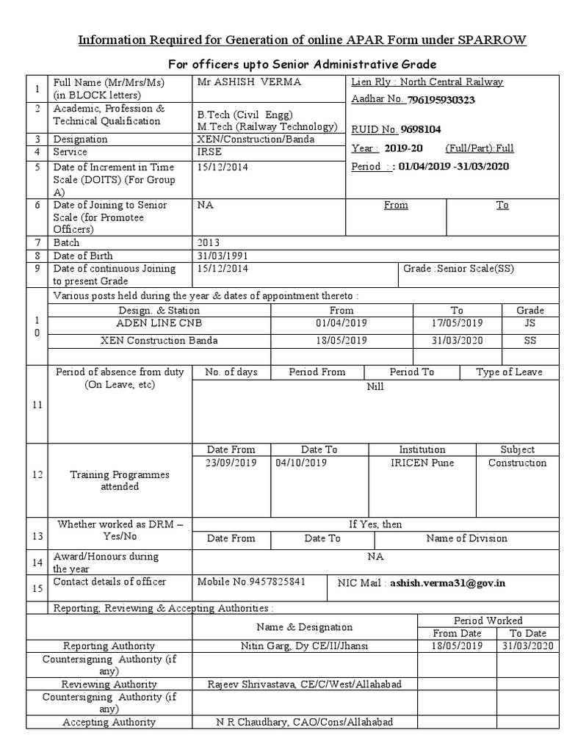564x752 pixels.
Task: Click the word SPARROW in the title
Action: [493, 39]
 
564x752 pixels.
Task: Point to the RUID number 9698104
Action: [421, 129]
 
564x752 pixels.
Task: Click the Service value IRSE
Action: [209, 152]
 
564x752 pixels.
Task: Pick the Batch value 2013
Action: [209, 242]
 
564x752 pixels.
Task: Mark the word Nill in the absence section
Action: [375, 386]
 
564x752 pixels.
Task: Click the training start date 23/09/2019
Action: [231, 463]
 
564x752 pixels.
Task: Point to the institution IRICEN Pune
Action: [422, 463]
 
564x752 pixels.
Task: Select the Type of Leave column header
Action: [509, 372]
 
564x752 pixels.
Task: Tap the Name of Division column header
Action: [466, 538]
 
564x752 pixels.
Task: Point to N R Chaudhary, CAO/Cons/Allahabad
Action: [304, 722]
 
